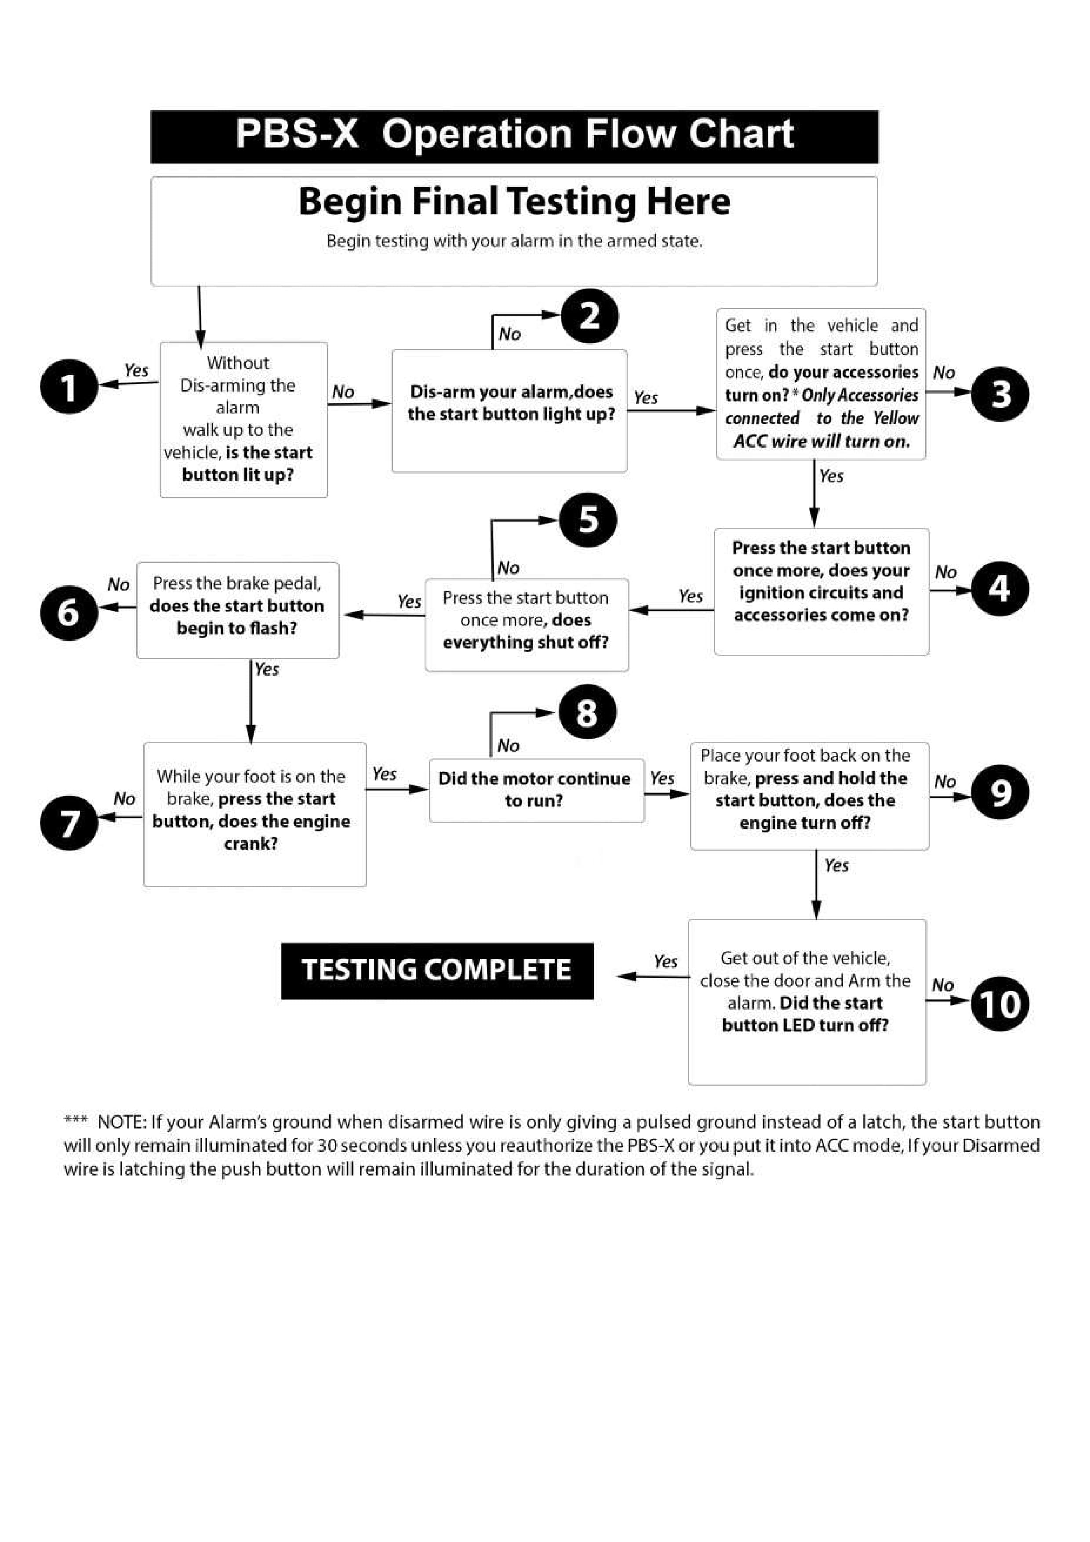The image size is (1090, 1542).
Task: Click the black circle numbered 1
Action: pos(69,386)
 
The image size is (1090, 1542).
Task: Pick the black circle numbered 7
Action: pos(69,823)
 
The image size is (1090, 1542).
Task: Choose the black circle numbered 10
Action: pos(1000,1004)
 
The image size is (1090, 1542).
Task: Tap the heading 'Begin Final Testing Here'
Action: pos(514,201)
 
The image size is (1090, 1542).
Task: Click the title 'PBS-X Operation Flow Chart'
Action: pos(514,134)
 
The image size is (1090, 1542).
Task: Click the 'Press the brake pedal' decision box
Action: pos(238,610)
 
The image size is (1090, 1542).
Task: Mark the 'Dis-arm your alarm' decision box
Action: pos(510,410)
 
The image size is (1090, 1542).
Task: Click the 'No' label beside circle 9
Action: pos(945,782)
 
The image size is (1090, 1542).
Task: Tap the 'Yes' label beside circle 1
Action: pos(136,370)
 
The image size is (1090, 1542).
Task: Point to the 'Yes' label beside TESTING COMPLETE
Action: pos(665,962)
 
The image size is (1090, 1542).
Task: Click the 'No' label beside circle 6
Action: pos(119,585)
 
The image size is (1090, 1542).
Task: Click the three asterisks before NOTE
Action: pos(75,1120)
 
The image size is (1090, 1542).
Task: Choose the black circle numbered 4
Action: pos(999,588)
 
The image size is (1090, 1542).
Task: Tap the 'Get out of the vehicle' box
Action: pos(807,1001)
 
